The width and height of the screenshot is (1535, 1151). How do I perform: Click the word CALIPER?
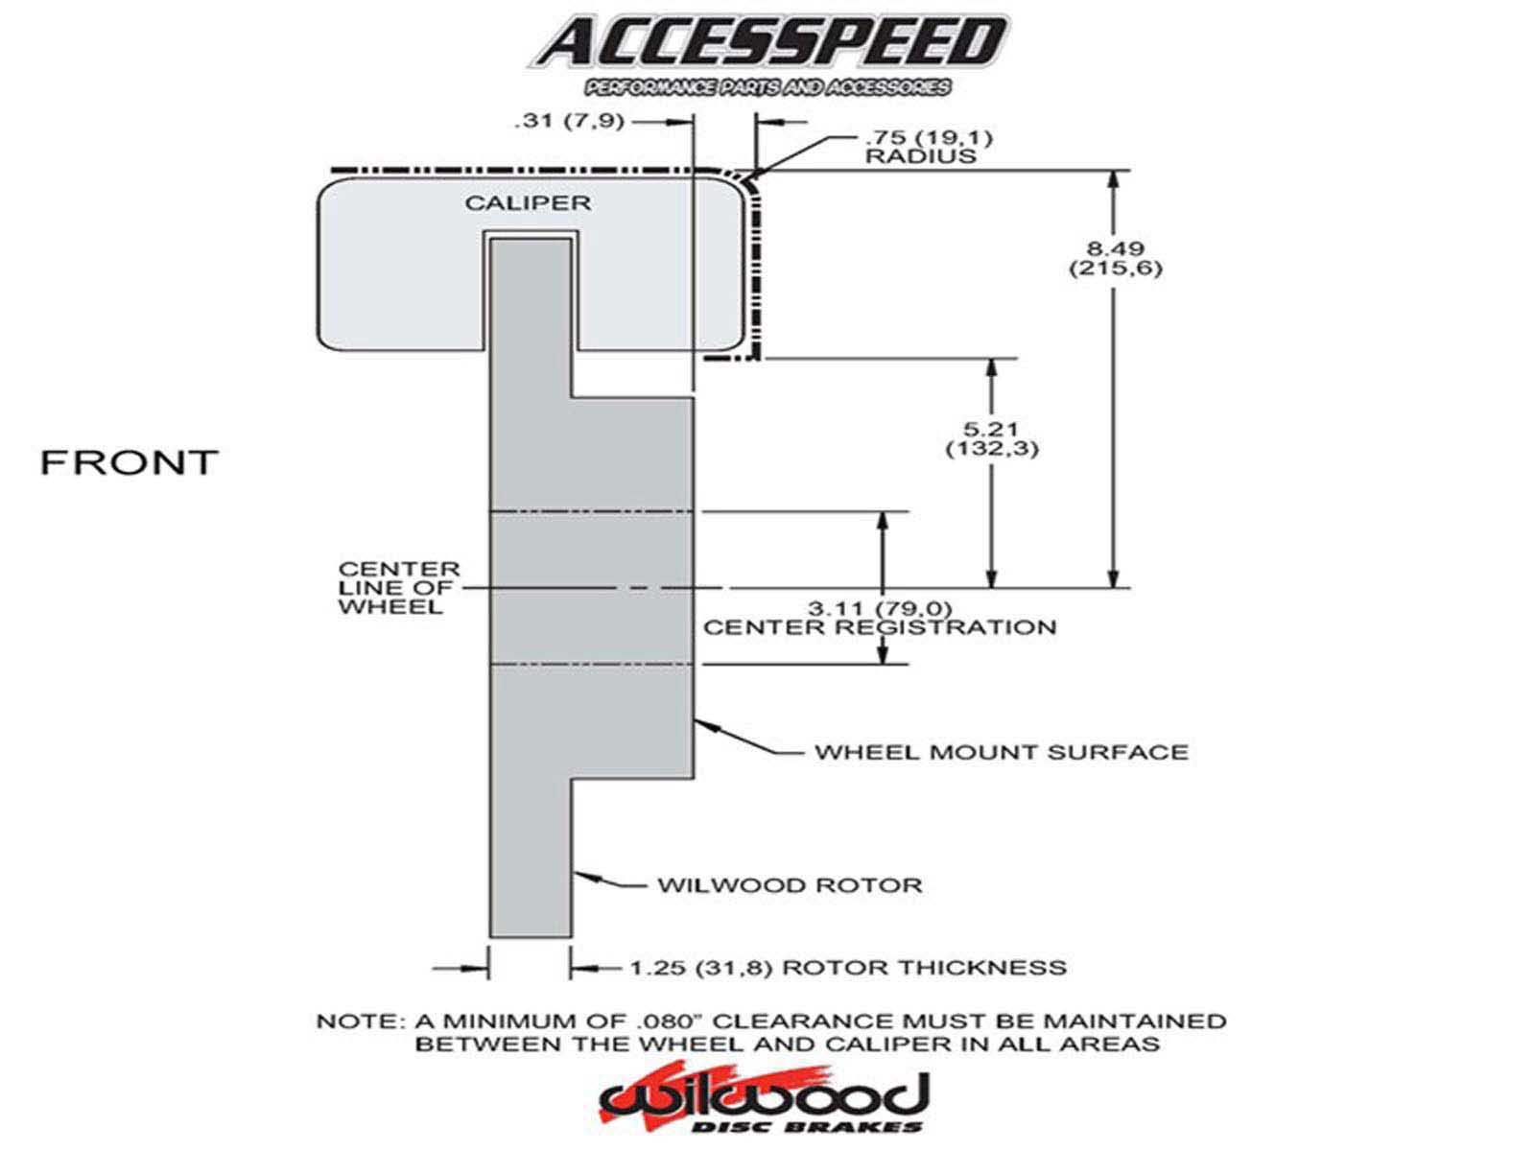(528, 203)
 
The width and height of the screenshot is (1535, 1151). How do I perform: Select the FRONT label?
(130, 462)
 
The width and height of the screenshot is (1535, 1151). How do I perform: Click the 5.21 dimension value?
(991, 430)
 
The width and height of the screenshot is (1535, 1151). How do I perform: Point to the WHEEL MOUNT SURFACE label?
(1001, 752)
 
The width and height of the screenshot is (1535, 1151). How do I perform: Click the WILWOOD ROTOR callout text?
(790, 884)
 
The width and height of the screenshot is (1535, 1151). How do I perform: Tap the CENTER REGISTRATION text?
(880, 627)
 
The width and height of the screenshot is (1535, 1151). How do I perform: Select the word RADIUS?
(921, 155)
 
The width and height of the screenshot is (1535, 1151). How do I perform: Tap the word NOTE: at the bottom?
(354, 1022)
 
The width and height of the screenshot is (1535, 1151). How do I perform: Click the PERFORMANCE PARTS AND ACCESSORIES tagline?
(768, 88)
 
